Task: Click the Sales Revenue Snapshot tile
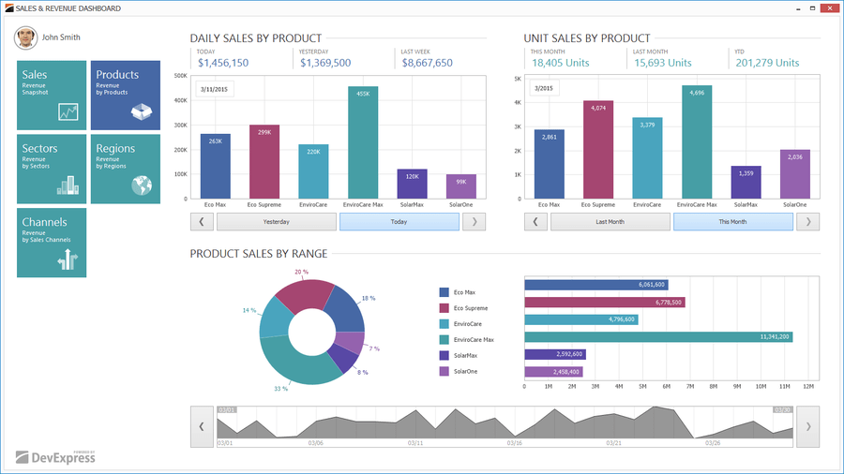(x=52, y=96)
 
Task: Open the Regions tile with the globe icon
(x=125, y=169)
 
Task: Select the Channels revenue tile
(x=52, y=243)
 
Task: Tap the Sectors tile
(x=52, y=169)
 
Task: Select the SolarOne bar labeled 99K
(x=461, y=186)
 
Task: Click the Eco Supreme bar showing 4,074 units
(x=598, y=150)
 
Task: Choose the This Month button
(x=732, y=222)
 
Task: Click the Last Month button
(x=610, y=222)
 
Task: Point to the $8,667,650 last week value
(x=427, y=63)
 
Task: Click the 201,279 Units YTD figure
(x=767, y=63)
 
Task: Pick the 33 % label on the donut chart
(x=280, y=388)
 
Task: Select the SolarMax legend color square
(x=445, y=356)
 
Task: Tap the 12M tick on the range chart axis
(x=808, y=386)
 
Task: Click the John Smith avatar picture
(x=25, y=38)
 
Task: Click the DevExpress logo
(x=56, y=457)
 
